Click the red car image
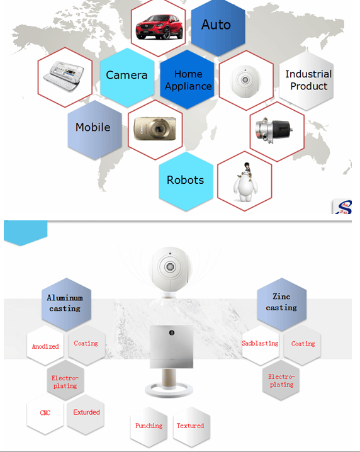[159, 27]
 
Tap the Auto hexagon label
[216, 25]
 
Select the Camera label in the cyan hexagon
[127, 75]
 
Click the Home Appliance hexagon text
[188, 80]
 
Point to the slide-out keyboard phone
[64, 76]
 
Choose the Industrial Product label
[308, 80]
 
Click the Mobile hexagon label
[93, 127]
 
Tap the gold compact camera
[155, 129]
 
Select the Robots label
[185, 180]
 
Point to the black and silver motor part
[274, 130]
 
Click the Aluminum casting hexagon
[66, 304]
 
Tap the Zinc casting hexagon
[281, 303]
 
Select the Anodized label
[45, 346]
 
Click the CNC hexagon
[45, 414]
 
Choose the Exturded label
[86, 412]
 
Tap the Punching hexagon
[149, 427]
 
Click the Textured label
[190, 426]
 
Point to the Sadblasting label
[260, 343]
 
